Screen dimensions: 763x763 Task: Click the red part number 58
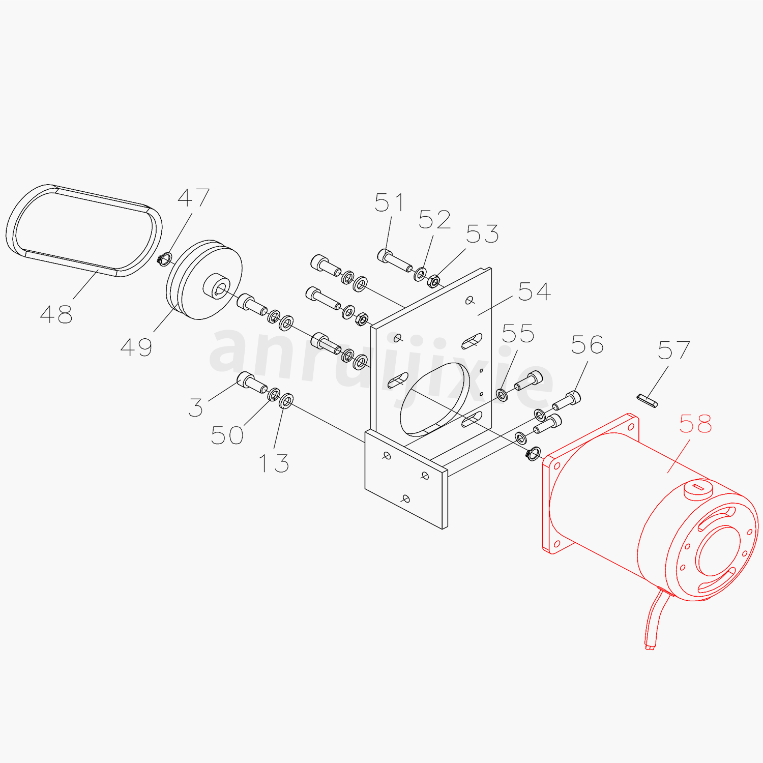click(695, 424)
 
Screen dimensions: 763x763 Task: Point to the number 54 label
click(534, 292)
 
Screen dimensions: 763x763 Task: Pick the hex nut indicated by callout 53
click(434, 281)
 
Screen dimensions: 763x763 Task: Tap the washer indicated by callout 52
click(420, 274)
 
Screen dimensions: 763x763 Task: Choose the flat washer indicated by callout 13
click(286, 400)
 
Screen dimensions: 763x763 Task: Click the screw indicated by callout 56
click(567, 400)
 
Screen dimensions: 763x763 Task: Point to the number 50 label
click(227, 435)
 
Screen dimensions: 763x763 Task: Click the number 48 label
click(56, 314)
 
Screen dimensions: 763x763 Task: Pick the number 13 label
click(274, 463)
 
